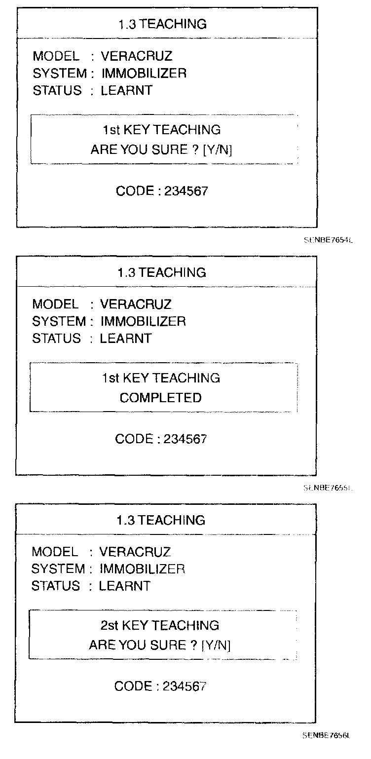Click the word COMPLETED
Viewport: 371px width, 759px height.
160,398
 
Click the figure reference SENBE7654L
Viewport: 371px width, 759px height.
329,240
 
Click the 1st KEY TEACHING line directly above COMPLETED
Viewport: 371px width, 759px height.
161,378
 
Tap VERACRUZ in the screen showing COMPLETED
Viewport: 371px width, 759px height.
136,304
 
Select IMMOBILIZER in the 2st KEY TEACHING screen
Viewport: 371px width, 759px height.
142,569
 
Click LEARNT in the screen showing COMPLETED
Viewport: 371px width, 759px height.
125,339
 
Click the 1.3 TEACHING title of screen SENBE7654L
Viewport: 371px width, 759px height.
162,24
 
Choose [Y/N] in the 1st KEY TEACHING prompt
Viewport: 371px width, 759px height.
217,150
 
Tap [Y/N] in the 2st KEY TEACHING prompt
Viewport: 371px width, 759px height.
216,645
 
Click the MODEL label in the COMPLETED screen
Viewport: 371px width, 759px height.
55,304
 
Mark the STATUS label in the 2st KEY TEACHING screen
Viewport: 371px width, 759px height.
55,586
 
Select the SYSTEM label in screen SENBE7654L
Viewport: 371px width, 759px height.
59,74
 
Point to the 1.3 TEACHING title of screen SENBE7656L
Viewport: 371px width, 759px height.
161,520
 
